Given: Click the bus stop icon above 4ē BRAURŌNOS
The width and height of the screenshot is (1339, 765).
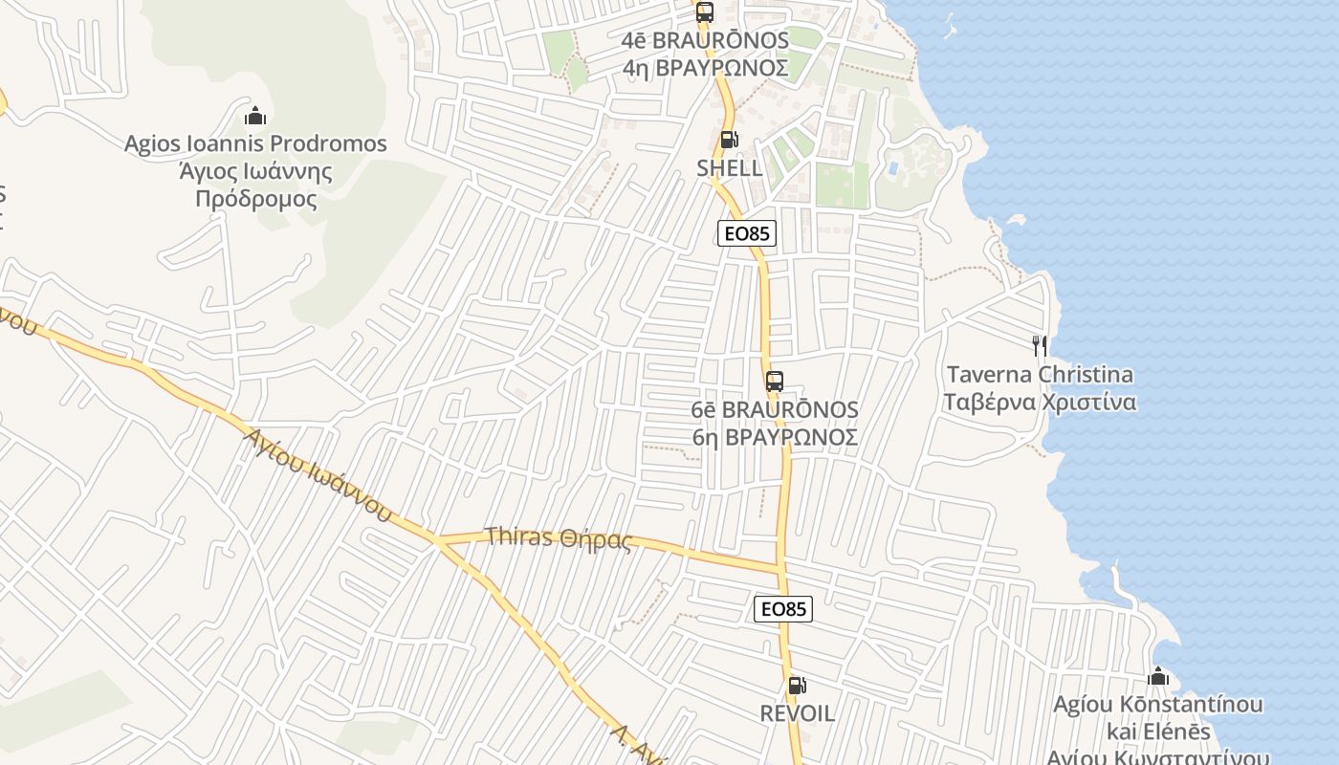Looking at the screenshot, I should (x=705, y=12).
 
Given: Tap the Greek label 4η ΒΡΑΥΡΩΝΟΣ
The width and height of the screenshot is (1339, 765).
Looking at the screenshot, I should (x=705, y=68).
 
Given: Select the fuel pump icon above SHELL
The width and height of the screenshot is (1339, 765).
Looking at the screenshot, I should (x=729, y=140).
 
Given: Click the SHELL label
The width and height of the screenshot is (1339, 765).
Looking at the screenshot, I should (x=730, y=168).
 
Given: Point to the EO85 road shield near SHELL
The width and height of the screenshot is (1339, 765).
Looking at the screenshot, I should (x=747, y=233).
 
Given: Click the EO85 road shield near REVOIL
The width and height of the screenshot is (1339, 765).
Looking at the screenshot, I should (x=783, y=609).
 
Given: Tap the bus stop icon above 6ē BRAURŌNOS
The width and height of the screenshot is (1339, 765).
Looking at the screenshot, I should (x=775, y=382).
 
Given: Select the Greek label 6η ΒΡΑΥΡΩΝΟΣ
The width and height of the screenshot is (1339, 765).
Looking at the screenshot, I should (x=775, y=437).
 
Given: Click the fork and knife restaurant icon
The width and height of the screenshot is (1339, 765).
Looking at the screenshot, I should (x=1040, y=345).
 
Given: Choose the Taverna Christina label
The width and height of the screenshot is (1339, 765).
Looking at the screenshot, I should (x=1040, y=374).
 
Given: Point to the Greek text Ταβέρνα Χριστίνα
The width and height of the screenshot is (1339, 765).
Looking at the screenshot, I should (x=1040, y=402).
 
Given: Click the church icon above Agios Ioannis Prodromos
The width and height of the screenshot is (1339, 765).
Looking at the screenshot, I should (x=255, y=117).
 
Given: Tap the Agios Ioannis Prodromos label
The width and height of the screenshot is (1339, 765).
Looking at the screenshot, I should (x=255, y=144).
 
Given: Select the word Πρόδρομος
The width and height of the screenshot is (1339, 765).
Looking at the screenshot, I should (x=255, y=199).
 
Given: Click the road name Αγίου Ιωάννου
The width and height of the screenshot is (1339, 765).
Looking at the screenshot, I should (x=317, y=474).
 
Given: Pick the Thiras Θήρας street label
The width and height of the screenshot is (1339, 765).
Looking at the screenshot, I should (x=559, y=537).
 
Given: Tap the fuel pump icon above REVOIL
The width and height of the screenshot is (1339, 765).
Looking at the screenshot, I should (x=797, y=685).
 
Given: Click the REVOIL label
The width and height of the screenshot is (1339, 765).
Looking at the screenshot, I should (x=798, y=713).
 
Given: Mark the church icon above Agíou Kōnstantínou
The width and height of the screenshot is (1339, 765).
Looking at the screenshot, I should (x=1158, y=677).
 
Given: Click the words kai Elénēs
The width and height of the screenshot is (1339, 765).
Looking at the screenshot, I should (x=1158, y=732).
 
